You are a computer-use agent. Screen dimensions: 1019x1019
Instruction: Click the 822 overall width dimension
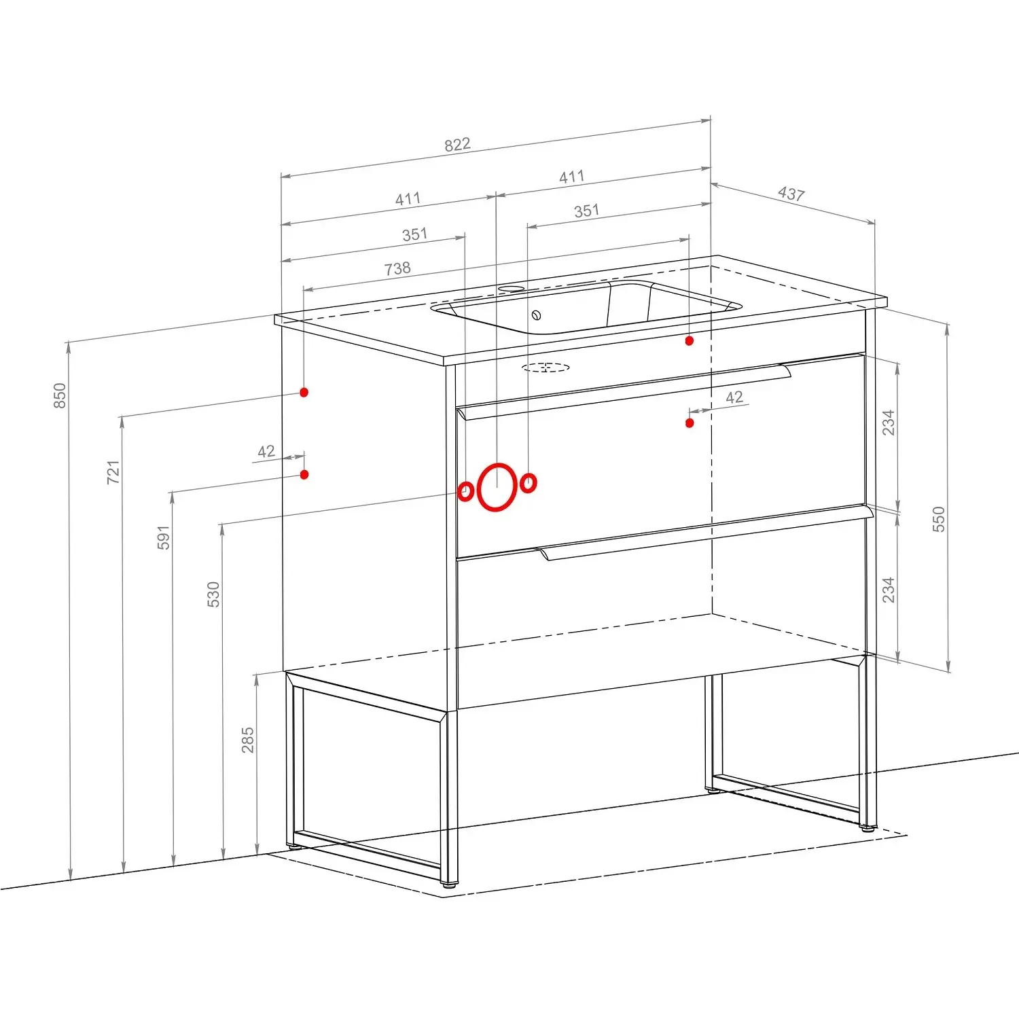click(457, 145)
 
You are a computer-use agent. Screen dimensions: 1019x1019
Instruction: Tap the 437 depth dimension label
click(791, 194)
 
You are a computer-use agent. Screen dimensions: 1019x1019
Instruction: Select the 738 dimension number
click(397, 268)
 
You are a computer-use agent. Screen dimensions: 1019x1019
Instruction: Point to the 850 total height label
click(60, 396)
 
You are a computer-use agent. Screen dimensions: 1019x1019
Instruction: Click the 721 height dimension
click(113, 472)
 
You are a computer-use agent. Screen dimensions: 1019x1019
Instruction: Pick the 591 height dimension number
click(163, 537)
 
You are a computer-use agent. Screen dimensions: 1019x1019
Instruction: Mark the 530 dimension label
click(213, 594)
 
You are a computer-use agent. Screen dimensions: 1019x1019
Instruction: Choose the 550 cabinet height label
click(938, 519)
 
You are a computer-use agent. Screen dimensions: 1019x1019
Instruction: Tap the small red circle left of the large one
click(465, 491)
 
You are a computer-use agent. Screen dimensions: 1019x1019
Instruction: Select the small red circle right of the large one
click(529, 483)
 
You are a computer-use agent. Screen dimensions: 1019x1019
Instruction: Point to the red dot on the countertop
click(690, 340)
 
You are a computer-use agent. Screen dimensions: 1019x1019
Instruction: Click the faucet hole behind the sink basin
click(512, 289)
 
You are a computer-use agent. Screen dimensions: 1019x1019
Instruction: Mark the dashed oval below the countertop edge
click(546, 368)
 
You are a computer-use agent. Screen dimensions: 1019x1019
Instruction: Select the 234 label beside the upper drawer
click(888, 423)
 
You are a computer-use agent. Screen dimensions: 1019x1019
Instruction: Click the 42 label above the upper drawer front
click(734, 397)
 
